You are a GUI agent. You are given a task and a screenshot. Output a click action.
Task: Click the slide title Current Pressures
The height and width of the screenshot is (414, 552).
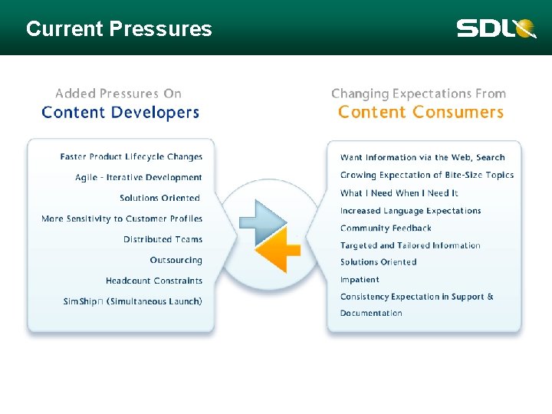(x=119, y=29)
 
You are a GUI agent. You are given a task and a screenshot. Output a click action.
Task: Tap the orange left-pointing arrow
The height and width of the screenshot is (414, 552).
(x=277, y=251)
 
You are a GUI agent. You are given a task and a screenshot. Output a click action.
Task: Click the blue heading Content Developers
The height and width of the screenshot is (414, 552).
(x=120, y=113)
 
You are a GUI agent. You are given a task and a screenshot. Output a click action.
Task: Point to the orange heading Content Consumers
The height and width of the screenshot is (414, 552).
(x=420, y=113)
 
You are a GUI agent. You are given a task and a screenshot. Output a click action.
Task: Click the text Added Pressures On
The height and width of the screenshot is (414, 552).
(x=118, y=94)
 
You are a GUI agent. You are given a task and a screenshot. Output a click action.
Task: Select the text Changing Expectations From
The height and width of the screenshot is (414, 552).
(x=419, y=94)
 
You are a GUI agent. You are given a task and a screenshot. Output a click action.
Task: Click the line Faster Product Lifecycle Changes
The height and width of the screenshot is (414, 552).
(x=131, y=157)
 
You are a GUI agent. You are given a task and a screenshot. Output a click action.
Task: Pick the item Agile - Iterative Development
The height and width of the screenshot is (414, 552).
(x=139, y=178)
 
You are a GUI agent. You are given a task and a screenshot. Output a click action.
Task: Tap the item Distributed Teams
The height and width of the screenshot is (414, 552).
(x=163, y=239)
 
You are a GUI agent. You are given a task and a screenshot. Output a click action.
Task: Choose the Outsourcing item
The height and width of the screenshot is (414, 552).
(x=176, y=261)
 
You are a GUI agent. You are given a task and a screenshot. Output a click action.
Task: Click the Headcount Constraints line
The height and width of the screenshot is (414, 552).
(x=154, y=281)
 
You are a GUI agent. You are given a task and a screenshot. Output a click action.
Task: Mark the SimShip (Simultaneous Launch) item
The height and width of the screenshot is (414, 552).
(x=133, y=302)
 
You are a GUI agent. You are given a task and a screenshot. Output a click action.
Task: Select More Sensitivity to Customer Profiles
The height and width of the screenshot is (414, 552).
(x=122, y=219)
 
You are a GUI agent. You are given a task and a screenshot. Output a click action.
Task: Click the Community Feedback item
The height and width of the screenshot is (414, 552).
(x=386, y=228)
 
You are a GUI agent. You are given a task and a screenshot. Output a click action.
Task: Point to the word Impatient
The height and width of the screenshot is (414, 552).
(x=360, y=280)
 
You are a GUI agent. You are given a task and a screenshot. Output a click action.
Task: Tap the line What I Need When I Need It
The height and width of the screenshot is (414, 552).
(x=399, y=193)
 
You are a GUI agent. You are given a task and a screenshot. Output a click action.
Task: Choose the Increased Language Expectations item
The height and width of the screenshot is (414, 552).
(x=410, y=211)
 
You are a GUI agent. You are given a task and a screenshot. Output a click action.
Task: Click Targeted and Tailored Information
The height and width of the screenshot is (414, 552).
(x=410, y=246)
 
